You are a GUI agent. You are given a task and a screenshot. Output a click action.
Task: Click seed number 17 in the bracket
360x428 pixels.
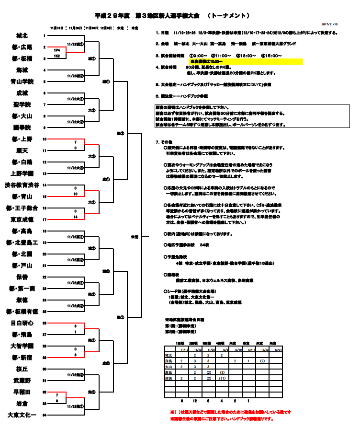[x=45, y=220]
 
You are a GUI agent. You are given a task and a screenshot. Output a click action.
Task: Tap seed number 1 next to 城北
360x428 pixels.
[x=45, y=36]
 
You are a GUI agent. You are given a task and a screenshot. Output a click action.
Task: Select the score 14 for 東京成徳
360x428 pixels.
[x=75, y=217]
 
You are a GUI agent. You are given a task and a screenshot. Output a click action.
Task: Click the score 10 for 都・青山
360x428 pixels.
[x=75, y=194]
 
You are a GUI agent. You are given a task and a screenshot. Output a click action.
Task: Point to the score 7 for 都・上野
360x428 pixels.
[x=75, y=142]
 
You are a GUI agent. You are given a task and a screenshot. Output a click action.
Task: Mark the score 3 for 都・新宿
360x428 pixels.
[x=75, y=355]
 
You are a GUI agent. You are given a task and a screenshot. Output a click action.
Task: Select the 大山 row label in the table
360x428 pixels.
[x=169, y=366]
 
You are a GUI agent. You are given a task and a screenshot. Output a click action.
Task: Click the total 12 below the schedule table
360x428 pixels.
[x=194, y=400]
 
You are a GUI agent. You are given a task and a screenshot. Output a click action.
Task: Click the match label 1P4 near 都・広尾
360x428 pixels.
[x=56, y=50]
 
